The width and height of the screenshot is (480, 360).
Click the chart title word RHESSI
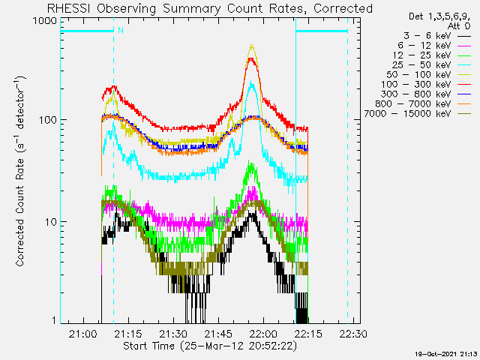coord(73,8)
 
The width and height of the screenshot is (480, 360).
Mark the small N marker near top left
coord(119,31)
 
